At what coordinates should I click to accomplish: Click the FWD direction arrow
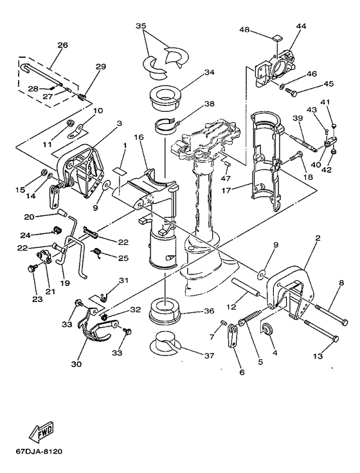pos(42,431)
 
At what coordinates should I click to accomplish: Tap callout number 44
pos(301,26)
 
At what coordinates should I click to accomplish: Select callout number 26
pos(63,45)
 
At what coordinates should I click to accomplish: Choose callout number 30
pos(76,364)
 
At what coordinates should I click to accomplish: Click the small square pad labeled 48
pos(276,39)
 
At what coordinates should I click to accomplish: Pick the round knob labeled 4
pos(267,328)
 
